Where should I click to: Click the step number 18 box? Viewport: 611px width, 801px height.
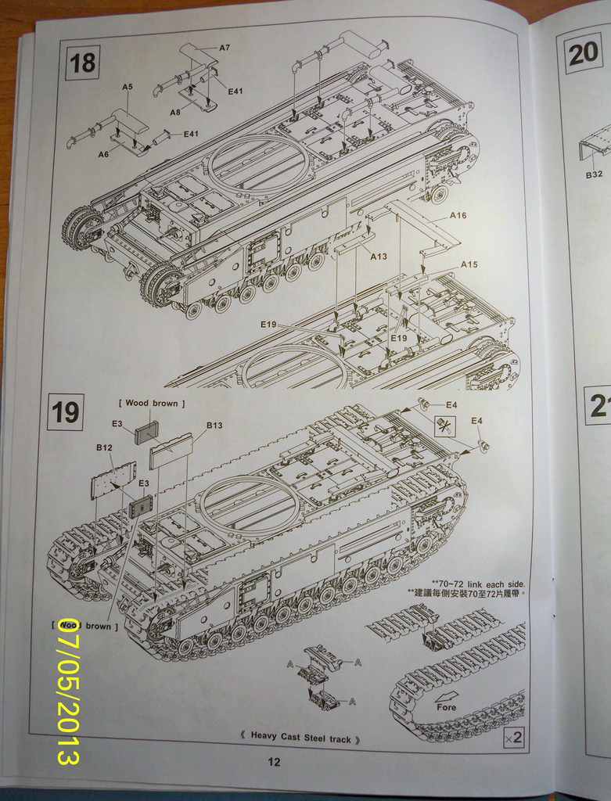pyautogui.click(x=83, y=61)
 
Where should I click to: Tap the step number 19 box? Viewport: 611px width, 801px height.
pyautogui.click(x=65, y=411)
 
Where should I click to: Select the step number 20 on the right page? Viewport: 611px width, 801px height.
pyautogui.click(x=584, y=54)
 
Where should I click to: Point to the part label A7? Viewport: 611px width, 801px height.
pyautogui.click(x=225, y=48)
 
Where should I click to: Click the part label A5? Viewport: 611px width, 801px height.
pyautogui.click(x=128, y=87)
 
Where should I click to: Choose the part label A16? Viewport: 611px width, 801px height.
pyautogui.click(x=458, y=215)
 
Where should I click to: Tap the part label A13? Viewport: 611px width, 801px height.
pyautogui.click(x=379, y=256)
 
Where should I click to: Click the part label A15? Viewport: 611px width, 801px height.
pyautogui.click(x=469, y=264)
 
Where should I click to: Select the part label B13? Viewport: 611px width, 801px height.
pyautogui.click(x=214, y=425)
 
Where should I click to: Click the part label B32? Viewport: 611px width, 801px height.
pyautogui.click(x=595, y=175)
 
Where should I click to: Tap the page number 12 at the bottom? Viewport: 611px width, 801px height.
pyautogui.click(x=273, y=763)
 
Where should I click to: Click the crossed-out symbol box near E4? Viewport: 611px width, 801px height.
pyautogui.click(x=445, y=426)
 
